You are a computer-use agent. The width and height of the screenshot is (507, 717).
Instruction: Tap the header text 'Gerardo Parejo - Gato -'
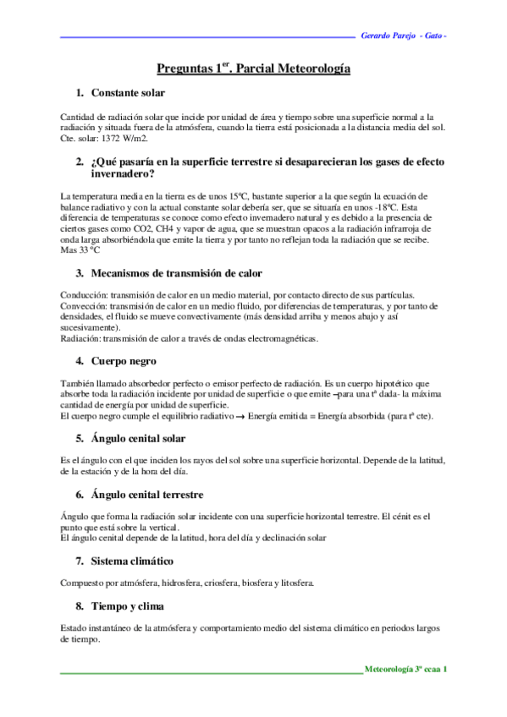404,36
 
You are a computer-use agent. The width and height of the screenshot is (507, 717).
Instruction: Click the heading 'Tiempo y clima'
128,606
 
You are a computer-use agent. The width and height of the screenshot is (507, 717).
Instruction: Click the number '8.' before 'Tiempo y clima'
80,606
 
